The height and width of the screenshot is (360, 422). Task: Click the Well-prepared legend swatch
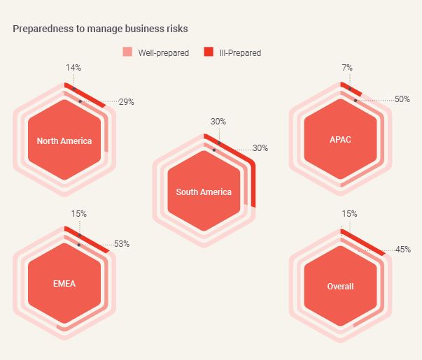coord(127,52)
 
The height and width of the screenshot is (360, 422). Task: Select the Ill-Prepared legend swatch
coord(209,52)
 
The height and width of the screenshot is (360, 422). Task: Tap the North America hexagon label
coord(64,141)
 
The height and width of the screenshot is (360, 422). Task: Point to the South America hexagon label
coord(204,192)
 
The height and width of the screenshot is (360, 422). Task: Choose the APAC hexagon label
coord(340,140)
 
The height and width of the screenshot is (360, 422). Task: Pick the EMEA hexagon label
coord(64,285)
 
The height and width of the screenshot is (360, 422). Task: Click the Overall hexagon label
coord(340,287)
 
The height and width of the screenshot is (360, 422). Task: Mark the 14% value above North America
coord(74,68)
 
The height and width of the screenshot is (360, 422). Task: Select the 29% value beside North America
coord(127,102)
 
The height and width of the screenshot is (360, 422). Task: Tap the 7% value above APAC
coord(348,68)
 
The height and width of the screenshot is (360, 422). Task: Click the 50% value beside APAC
coord(402,100)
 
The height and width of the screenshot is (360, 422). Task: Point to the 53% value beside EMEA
coord(122,245)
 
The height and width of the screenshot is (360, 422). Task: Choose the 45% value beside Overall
coord(402,250)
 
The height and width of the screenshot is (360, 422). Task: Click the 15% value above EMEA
coord(79,213)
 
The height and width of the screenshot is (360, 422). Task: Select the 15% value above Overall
coord(349,213)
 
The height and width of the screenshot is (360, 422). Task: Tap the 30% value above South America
coord(218,121)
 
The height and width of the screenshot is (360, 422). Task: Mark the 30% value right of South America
coord(260,148)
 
